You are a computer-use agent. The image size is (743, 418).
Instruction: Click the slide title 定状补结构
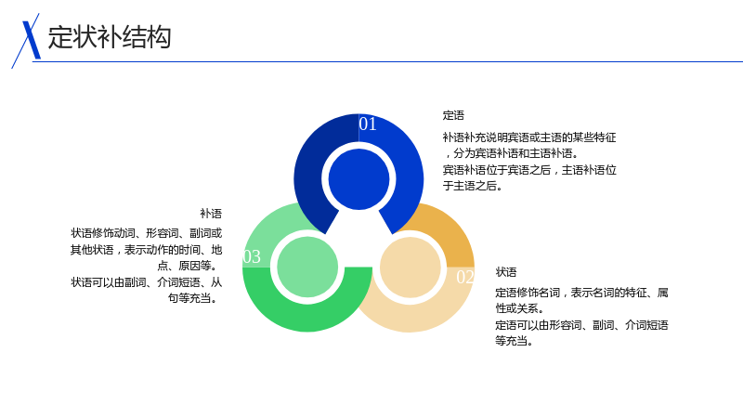[x=110, y=37]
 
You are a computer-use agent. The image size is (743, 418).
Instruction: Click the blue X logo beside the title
[x=27, y=41]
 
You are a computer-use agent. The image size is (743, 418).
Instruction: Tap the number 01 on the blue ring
[x=368, y=124]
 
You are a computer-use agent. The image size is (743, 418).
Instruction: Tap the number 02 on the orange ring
[x=465, y=277]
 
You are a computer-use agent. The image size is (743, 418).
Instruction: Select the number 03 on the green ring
[x=252, y=256]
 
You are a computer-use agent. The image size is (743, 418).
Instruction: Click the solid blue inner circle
[x=358, y=179]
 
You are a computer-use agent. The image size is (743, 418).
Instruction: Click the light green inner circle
[x=307, y=267]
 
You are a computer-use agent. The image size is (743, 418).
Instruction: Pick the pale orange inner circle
[x=411, y=268]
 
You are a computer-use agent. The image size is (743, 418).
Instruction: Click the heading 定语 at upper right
[x=453, y=115]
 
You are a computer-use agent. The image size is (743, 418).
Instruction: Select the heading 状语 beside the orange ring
[x=506, y=272]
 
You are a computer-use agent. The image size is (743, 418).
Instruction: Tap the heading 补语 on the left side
[x=211, y=214]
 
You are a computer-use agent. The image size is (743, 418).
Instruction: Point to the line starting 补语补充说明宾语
[x=529, y=137]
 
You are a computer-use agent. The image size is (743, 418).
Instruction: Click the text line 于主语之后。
[x=473, y=186]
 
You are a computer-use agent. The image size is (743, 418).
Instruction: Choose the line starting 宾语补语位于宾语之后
[x=529, y=170]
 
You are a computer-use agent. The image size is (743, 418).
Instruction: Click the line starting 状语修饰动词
[x=147, y=233]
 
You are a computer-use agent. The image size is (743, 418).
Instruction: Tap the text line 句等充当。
[x=194, y=298]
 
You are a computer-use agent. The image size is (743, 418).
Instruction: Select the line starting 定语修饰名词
[x=582, y=293]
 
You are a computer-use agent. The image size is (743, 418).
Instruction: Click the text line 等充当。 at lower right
[x=515, y=341]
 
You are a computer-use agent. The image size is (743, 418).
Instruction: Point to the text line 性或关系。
[x=520, y=308]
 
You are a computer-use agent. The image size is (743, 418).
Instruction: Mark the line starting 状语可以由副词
[x=147, y=282]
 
